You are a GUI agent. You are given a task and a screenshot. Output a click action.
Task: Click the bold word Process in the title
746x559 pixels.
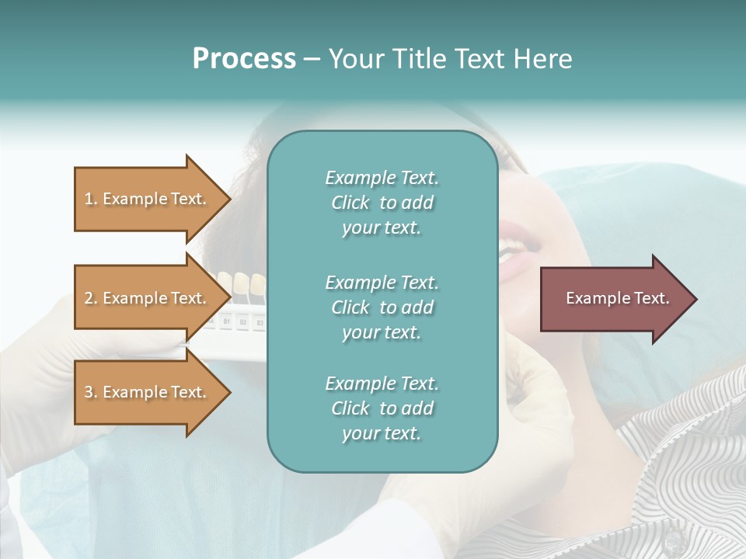(x=244, y=59)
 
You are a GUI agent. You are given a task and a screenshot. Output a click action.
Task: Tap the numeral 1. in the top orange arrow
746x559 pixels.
(x=91, y=199)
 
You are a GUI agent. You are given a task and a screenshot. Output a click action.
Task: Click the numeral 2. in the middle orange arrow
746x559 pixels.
(x=91, y=298)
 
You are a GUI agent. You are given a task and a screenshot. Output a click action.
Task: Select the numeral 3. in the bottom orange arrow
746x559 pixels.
(x=91, y=392)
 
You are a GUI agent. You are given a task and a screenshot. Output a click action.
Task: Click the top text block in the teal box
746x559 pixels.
(x=382, y=203)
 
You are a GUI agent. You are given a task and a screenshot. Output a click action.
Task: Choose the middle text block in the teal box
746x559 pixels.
(x=382, y=307)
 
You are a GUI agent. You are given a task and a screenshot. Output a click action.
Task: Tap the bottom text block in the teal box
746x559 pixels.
(x=382, y=408)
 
